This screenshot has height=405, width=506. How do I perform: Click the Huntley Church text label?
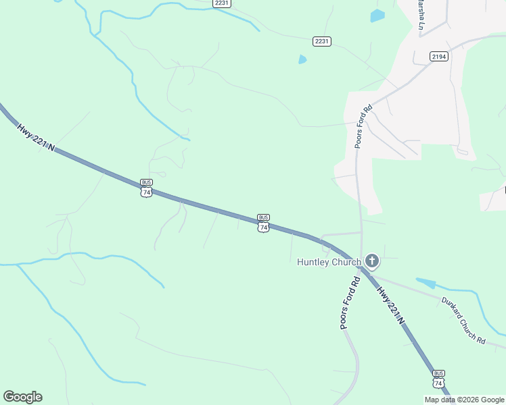(329, 262)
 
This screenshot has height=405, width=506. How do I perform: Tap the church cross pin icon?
(371, 261)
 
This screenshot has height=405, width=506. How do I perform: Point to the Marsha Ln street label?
(421, 16)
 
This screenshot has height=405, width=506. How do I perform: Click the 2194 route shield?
(438, 57)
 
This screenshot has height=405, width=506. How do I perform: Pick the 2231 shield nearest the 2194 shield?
(322, 41)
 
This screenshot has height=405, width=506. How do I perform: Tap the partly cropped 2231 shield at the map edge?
(222, 3)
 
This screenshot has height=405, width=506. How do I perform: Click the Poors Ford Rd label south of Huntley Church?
(349, 303)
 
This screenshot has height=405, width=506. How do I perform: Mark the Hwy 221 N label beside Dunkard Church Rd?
(391, 306)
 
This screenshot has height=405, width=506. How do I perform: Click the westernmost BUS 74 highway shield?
(146, 188)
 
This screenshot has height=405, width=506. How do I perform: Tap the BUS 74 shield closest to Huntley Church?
(263, 223)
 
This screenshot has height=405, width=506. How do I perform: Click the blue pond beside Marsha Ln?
(377, 16)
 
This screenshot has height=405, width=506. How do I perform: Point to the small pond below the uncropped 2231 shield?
(302, 59)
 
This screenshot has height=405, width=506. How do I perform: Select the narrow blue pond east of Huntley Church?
(425, 283)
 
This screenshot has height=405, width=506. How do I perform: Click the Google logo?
(22, 397)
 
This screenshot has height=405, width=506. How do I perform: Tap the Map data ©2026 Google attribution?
(464, 400)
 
